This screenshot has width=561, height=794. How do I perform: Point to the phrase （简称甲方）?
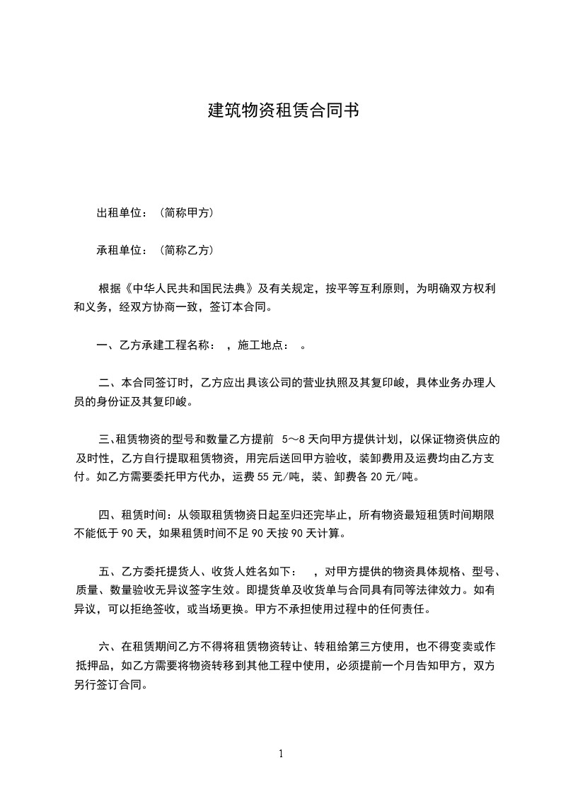click(x=187, y=212)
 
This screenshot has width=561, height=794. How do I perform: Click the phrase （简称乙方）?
click(x=187, y=250)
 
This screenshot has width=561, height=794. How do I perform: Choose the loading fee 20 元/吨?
click(x=395, y=477)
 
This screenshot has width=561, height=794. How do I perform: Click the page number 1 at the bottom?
click(x=281, y=754)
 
